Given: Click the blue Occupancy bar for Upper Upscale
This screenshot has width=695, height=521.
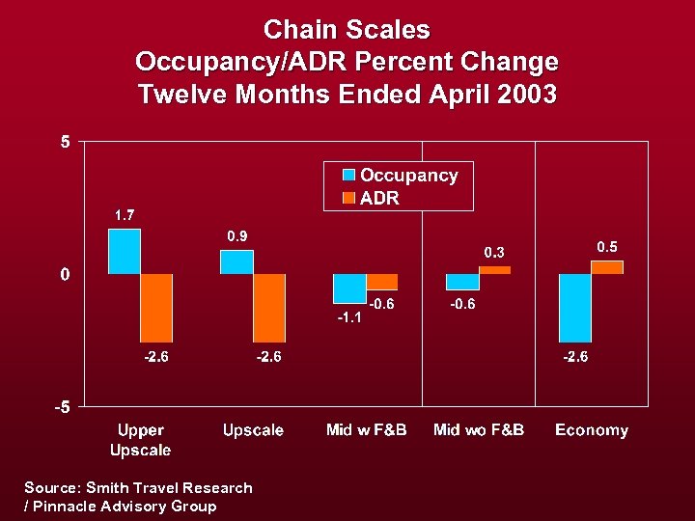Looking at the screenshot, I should tap(125, 252).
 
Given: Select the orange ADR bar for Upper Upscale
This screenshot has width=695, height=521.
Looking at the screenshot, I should tap(156, 308).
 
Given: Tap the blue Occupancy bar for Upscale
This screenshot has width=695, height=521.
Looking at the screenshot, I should tap(236, 262).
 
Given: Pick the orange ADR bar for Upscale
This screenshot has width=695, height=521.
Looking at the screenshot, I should tap(269, 308).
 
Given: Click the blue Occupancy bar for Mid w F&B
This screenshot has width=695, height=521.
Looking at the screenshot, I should tap(349, 288).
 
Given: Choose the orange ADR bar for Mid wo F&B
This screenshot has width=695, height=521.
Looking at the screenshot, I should tap(494, 270).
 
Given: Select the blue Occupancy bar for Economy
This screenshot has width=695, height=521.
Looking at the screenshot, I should tap(574, 308).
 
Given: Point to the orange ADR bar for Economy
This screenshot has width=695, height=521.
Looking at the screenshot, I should tap(607, 267).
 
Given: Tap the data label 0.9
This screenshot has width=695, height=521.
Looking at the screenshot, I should tap(237, 235).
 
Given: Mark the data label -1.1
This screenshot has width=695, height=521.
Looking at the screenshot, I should tap(349, 317).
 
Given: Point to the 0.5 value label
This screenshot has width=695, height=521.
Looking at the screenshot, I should tap(607, 247).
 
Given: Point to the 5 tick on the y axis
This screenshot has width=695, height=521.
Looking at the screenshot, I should tap(65, 142).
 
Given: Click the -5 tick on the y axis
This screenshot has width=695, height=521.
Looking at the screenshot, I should tap(62, 406).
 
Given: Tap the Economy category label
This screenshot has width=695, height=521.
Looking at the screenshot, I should tap(591, 430).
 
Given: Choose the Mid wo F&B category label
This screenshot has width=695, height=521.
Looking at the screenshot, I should tap(478, 430).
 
